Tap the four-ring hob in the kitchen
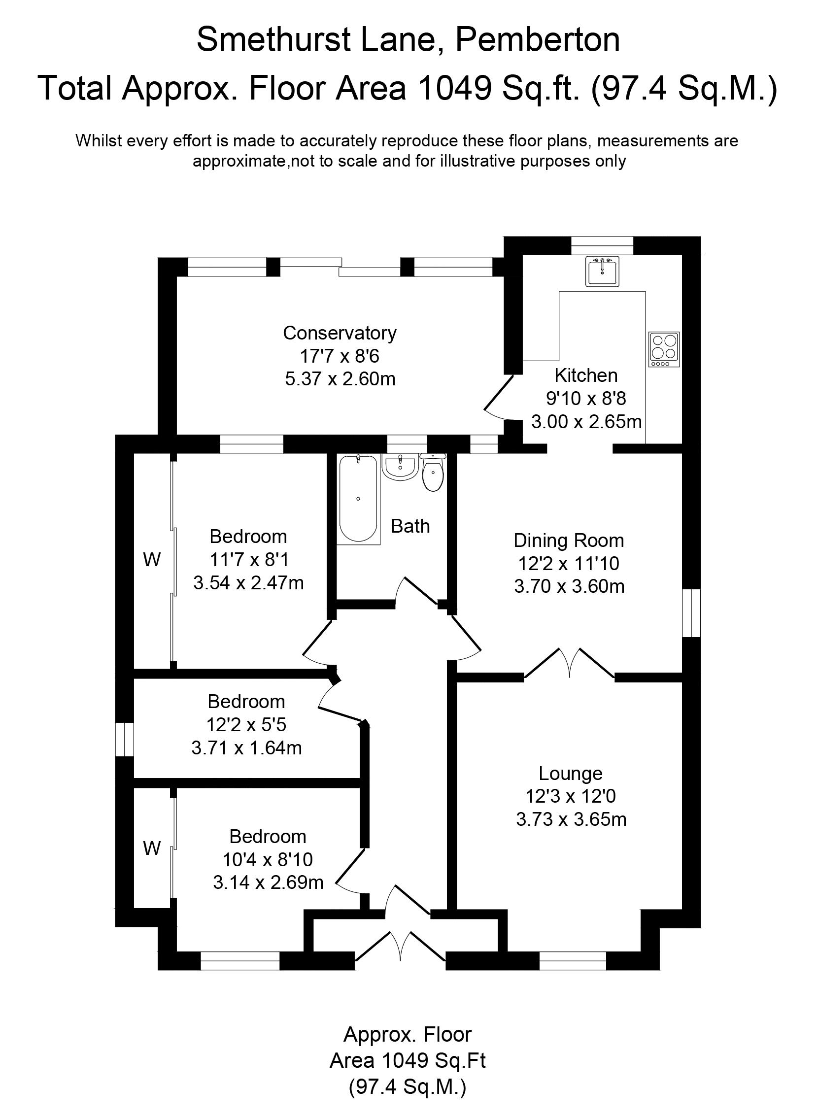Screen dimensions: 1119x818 coord(664,349)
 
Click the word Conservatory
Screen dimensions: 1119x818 coord(340,333)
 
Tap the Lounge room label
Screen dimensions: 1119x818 coord(571,774)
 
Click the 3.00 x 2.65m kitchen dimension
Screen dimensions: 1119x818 coord(586,422)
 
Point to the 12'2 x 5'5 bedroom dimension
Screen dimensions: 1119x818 coord(246,725)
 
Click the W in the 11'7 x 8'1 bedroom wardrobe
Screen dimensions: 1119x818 coord(151,560)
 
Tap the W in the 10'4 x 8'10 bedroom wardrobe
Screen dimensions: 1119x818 coord(151,848)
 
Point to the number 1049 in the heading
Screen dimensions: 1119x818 coord(454,88)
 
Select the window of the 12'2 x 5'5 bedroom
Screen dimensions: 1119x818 coord(124,739)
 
